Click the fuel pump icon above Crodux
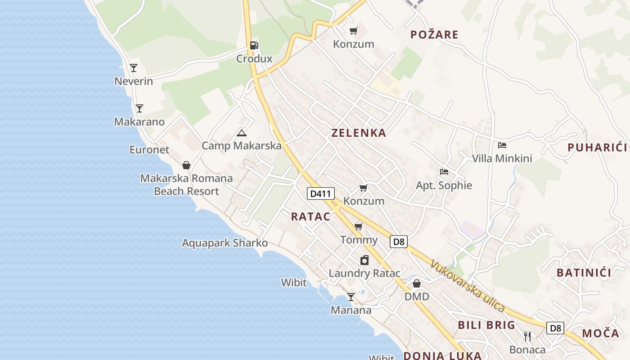(x=254, y=45)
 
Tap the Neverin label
(x=134, y=81)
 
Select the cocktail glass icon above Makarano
(x=139, y=108)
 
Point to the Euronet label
(x=149, y=150)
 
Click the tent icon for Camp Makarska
(x=242, y=133)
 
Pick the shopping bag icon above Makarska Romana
(x=186, y=166)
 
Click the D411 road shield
(x=321, y=194)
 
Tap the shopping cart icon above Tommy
(x=359, y=226)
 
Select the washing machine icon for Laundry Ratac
(x=364, y=260)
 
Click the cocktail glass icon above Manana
(x=351, y=297)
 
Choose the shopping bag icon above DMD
(x=417, y=283)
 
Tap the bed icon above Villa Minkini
(x=502, y=145)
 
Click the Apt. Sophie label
(x=444, y=185)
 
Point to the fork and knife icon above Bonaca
(x=527, y=336)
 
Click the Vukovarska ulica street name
(x=468, y=286)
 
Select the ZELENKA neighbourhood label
(x=359, y=133)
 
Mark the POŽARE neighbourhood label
(x=434, y=35)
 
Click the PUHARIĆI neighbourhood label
(x=597, y=147)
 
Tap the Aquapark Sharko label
(x=225, y=243)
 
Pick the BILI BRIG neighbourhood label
(x=486, y=325)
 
